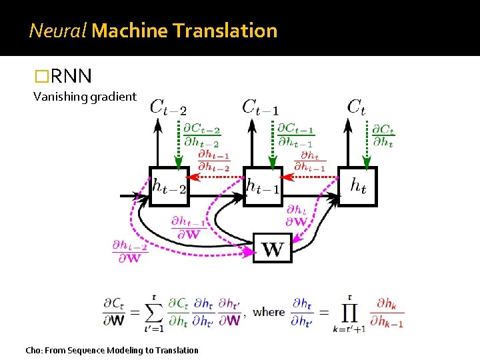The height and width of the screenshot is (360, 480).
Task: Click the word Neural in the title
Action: pyautogui.click(x=57, y=31)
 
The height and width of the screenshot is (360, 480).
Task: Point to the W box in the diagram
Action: pyautogui.click(x=273, y=249)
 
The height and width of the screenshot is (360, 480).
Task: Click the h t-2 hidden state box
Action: pyautogui.click(x=169, y=186)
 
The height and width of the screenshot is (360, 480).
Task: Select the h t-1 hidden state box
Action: pyautogui.click(x=263, y=186)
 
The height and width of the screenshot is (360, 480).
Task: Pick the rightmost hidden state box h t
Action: pyautogui.click(x=358, y=186)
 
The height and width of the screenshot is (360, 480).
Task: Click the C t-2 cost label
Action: pyautogui.click(x=167, y=107)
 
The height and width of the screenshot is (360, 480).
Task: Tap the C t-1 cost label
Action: pyautogui.click(x=261, y=107)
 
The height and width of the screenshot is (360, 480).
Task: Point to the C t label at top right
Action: pyautogui.click(x=357, y=107)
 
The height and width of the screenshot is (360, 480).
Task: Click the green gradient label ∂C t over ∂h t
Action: pyautogui.click(x=383, y=136)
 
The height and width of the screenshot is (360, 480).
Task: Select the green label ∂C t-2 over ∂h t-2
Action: pyautogui.click(x=203, y=135)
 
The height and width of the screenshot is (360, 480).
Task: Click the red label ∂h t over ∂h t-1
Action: pyautogui.click(x=310, y=161)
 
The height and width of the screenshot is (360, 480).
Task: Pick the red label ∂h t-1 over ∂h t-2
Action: pyautogui.click(x=214, y=161)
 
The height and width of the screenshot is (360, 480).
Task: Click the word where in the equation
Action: pyautogui.click(x=269, y=311)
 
